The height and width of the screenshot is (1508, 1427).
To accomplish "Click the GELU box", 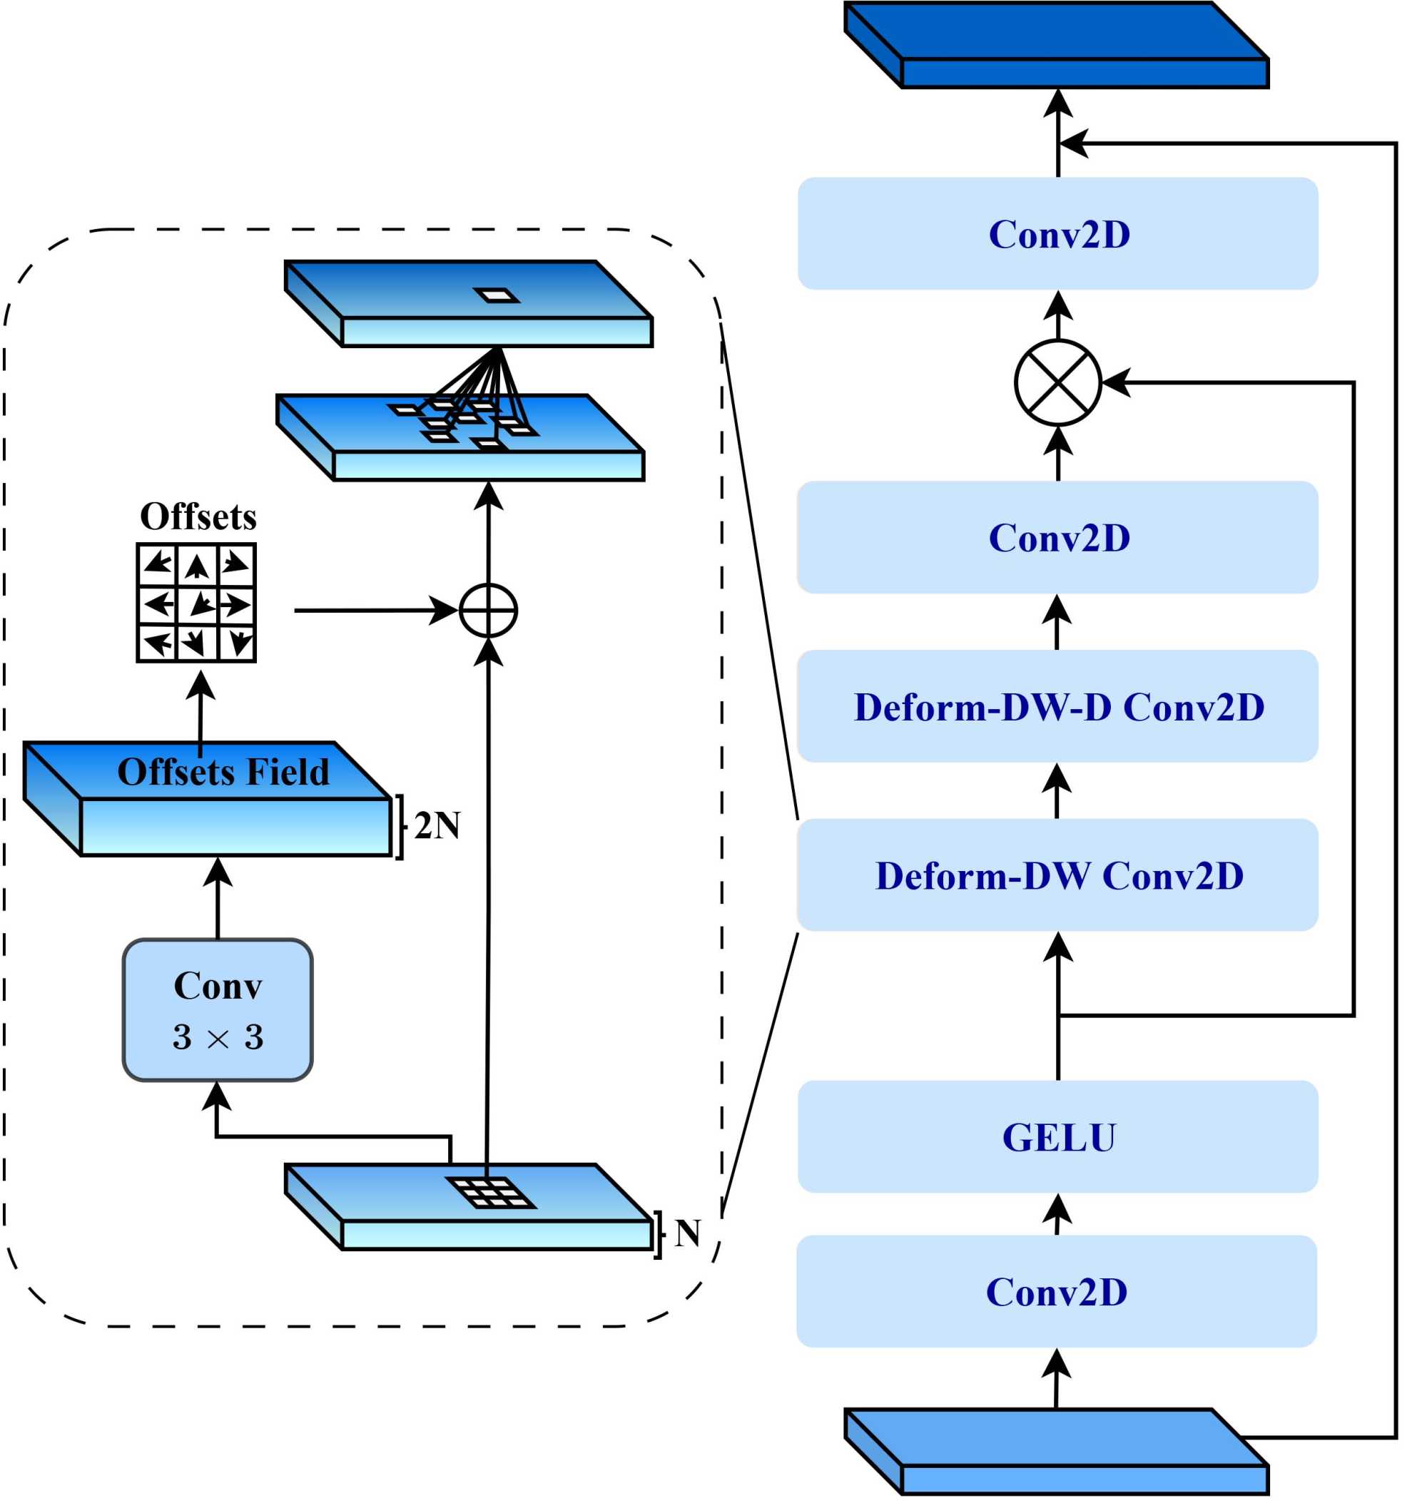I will (1057, 1137).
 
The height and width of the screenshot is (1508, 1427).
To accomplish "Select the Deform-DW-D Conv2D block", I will (1057, 706).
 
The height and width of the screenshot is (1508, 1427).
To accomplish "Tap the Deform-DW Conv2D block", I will (1057, 875).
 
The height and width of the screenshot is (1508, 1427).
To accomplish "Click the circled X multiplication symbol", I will (1058, 382).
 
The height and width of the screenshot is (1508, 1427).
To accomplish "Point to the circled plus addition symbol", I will (488, 610).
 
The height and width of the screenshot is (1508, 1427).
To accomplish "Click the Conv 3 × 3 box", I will (218, 1010).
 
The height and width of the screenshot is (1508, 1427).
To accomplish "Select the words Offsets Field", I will (223, 772).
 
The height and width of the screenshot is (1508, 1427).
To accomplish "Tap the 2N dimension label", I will (437, 826).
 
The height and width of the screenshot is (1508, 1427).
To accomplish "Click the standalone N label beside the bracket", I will (687, 1233).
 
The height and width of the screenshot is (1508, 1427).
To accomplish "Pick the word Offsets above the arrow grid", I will (198, 517).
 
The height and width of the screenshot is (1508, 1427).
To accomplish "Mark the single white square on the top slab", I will (496, 295).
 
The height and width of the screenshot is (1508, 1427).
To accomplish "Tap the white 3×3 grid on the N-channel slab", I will (491, 1193).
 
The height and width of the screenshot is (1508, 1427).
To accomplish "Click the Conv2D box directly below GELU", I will (1057, 1292).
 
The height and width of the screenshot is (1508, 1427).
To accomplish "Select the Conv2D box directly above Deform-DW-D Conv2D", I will (1057, 538).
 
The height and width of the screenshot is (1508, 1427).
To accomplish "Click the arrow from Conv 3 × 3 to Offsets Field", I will (218, 897).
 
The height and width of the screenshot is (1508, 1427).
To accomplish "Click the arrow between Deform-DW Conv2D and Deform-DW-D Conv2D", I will (1057, 791).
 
